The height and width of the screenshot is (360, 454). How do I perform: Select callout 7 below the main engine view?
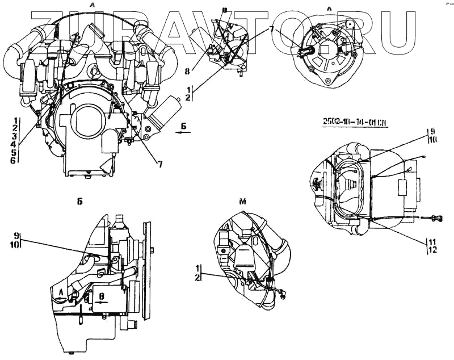pos(161,165)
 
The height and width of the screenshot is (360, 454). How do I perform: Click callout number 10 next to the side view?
pos(17,245)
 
